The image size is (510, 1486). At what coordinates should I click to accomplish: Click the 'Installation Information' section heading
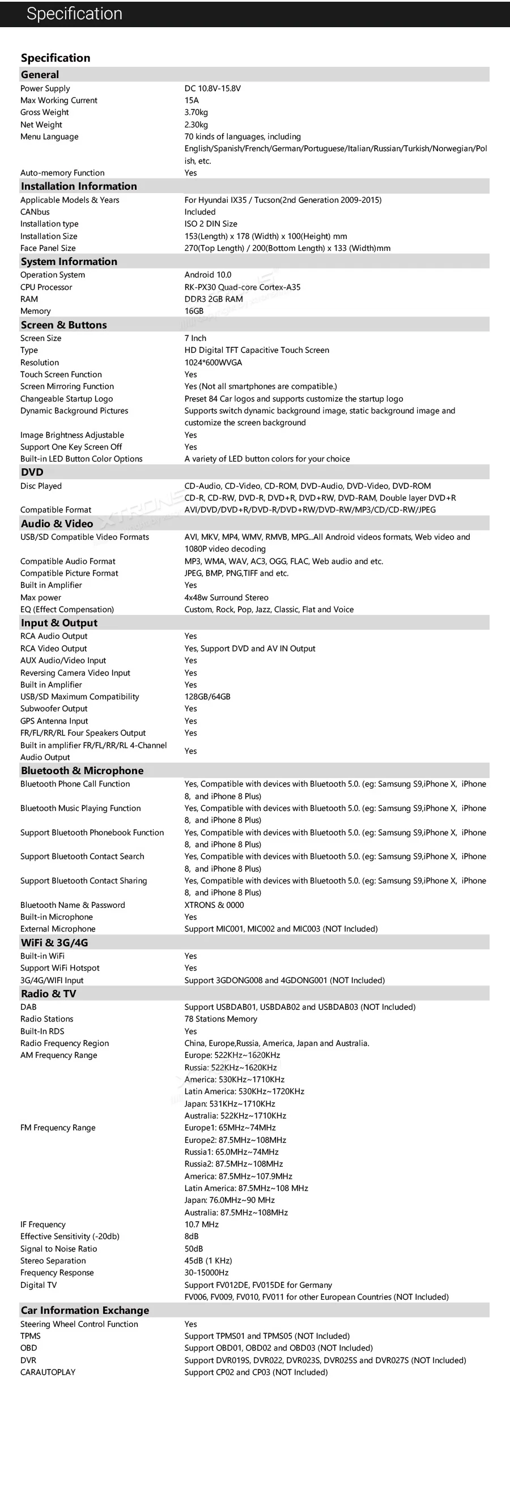tap(78, 186)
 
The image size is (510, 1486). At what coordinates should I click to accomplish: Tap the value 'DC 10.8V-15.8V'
tap(212, 88)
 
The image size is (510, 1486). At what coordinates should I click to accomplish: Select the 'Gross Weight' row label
tap(44, 113)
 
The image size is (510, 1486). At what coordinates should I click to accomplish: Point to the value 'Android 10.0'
tap(208, 275)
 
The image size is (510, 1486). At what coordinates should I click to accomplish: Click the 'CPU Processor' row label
tap(46, 287)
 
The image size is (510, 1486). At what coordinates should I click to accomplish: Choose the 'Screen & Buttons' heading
tap(63, 324)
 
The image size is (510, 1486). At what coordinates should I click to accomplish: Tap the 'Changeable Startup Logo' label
tap(66, 399)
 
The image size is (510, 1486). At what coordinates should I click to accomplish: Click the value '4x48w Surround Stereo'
tap(226, 597)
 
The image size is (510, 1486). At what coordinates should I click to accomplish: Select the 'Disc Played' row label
tap(41, 486)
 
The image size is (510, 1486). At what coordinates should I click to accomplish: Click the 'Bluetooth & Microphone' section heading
tap(82, 771)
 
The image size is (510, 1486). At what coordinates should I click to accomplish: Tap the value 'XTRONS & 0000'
tap(214, 904)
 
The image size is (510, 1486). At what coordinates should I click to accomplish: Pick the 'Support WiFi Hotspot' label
tap(60, 968)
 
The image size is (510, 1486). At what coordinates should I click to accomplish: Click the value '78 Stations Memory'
tap(220, 1019)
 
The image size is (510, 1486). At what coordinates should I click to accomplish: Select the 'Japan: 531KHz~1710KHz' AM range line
tap(229, 1104)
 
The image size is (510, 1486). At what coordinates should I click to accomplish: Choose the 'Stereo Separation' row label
tap(53, 1261)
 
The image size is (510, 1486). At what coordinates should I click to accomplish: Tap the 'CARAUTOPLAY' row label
tap(48, 1372)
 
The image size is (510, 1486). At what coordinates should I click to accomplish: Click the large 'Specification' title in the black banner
tap(74, 14)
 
